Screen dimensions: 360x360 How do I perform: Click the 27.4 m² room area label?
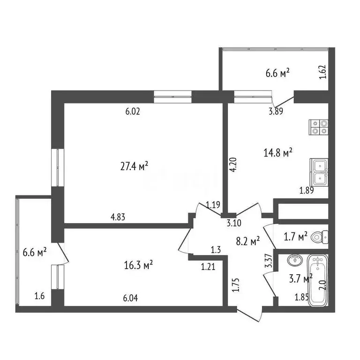[134, 165]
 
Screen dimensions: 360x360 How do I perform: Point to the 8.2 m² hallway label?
[248, 242]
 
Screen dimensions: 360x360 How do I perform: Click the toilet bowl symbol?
[321, 237]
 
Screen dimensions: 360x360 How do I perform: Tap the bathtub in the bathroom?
[318, 280]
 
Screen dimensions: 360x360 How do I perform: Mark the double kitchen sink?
[319, 172]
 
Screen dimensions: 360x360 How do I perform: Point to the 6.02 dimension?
[133, 112]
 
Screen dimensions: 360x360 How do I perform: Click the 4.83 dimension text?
[118, 217]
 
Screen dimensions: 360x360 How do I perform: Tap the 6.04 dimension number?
[130, 297]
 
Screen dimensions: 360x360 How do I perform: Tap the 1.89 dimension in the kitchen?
[307, 190]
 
